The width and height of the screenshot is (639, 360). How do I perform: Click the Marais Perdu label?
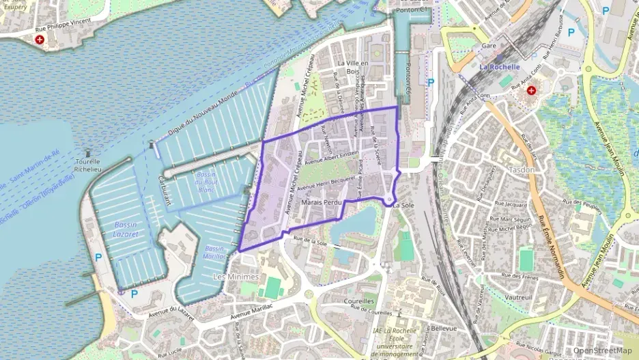pos(321,204)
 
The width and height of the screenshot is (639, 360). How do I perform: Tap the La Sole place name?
pos(404,204)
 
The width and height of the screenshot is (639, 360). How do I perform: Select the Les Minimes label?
pos(236,277)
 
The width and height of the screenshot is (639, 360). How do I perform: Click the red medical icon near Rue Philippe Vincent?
pos(39,40)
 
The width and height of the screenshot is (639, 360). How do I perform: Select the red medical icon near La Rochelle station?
pos(531,90)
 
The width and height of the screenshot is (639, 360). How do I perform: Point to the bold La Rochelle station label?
pos(500,67)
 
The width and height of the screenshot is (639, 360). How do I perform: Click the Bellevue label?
pos(444,328)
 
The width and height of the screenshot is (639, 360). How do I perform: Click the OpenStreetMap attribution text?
pos(602,351)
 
